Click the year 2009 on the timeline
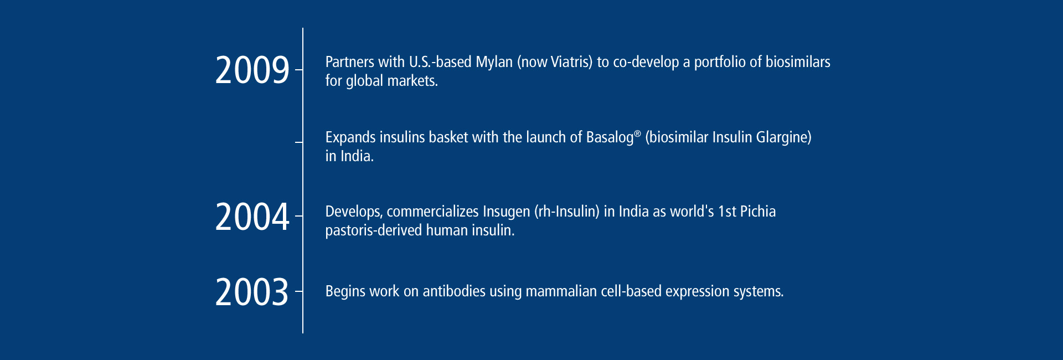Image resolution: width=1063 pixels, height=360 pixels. [x=252, y=70]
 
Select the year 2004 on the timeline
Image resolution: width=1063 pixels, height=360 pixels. [x=252, y=217]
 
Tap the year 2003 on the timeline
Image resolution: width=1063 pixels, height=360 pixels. [x=252, y=292]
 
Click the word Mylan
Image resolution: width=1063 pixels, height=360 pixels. [x=494, y=62]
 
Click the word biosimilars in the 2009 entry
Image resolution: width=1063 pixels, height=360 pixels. [x=798, y=61]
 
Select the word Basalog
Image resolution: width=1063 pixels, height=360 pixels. [x=610, y=137]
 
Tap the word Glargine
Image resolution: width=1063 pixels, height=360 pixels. [x=782, y=137]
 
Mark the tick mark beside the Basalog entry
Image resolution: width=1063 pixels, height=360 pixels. [x=299, y=142]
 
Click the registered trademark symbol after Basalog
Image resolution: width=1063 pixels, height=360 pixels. [x=637, y=134]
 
